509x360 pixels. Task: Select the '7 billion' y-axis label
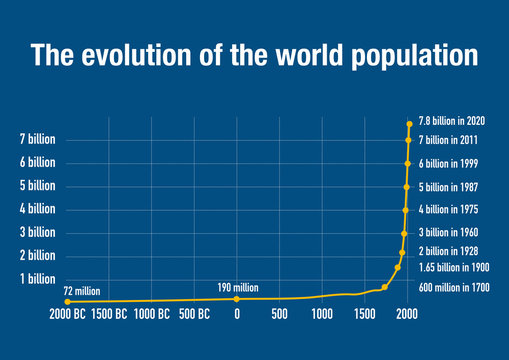tap(35, 138)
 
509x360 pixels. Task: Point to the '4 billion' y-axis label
tap(35, 209)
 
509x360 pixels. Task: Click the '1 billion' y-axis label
tap(35, 279)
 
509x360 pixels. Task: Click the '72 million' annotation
tap(82, 290)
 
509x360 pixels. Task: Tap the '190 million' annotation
tap(238, 287)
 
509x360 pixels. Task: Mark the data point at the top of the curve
tap(409, 124)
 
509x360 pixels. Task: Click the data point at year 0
tap(237, 299)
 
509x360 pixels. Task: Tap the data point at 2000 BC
tap(67, 301)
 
